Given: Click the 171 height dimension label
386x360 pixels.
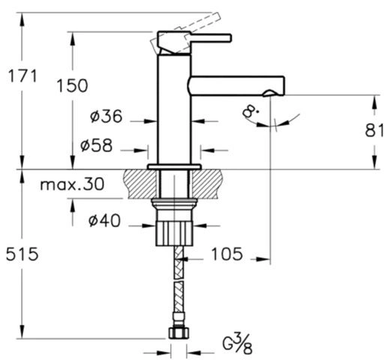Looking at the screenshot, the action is pos(22,76).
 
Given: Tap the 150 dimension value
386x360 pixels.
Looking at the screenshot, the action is pos(72,85).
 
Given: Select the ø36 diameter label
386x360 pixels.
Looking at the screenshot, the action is pos(106,116).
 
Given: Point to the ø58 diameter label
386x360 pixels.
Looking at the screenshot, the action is pos(96,145).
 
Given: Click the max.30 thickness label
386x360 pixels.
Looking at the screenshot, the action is pos(72,184).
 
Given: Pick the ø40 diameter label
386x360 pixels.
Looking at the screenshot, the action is pos(104,220).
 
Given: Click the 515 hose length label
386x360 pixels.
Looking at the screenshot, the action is pos(22,254).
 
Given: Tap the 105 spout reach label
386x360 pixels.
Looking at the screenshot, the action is pos(227,254).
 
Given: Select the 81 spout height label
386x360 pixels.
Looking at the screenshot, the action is pos(374,130).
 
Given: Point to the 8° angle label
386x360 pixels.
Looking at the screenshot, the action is pos(250,111).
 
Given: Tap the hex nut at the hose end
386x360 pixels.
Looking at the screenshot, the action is pos(178,333).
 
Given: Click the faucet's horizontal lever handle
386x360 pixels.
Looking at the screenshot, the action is pos(211,37).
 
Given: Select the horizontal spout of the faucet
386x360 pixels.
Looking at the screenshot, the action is pos(236,86).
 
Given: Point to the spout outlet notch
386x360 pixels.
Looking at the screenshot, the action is pos(268,93).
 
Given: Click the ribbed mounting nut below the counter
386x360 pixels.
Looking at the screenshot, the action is pos(175,233).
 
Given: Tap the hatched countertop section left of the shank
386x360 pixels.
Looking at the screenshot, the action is pos(140,184).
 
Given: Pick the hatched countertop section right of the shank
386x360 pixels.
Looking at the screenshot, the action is pos(207,184).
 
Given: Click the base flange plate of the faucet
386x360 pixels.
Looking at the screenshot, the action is pos(175,166).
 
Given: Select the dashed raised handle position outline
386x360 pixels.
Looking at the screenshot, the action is pos(186,33).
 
